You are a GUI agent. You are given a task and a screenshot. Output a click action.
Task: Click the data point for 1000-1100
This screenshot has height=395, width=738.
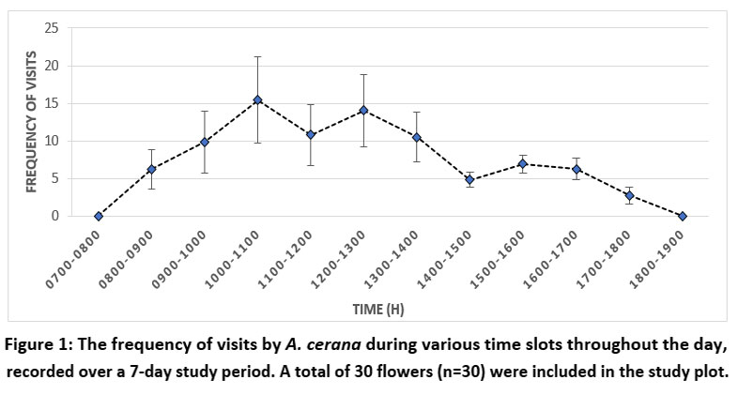257,100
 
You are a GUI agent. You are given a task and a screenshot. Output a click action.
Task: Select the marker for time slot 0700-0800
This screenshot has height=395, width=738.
98,217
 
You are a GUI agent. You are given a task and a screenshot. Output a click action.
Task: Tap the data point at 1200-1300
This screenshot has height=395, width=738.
363,110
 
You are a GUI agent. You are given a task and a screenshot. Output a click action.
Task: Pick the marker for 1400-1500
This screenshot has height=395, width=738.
469,180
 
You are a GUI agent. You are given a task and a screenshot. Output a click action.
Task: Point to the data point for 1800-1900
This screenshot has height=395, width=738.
683,217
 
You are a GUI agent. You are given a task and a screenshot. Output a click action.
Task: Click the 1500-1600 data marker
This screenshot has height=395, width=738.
523,164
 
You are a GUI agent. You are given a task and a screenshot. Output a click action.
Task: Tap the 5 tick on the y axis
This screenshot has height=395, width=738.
55,179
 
